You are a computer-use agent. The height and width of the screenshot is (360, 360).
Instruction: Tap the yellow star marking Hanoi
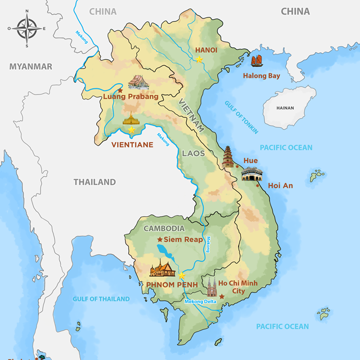[199, 58]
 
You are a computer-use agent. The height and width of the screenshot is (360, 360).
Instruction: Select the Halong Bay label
[262, 76]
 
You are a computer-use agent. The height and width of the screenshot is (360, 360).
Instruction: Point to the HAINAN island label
[285, 108]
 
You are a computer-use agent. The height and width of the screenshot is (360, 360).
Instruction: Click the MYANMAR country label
[30, 67]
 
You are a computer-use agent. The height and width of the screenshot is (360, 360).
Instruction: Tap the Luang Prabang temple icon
[138, 83]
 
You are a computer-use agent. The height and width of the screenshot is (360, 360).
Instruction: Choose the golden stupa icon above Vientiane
[131, 119]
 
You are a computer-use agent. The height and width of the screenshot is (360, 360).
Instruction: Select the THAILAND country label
[94, 182]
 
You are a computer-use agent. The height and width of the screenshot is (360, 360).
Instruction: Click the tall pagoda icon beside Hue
[228, 157]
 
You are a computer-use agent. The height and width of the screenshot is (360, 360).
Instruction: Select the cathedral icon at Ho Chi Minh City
[212, 286]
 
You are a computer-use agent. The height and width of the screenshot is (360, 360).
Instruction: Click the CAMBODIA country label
[164, 228]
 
